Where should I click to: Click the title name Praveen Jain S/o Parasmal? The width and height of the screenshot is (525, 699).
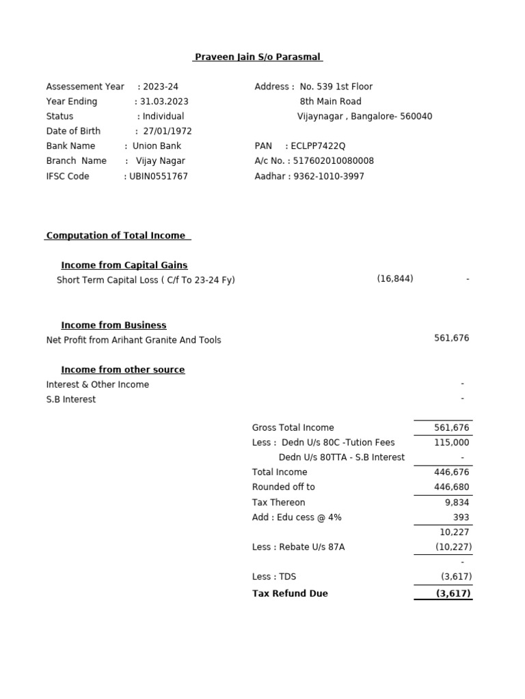[x=257, y=57]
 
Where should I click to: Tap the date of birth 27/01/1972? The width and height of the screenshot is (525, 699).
[x=167, y=131]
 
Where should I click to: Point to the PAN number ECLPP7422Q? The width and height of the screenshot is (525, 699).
[x=318, y=146]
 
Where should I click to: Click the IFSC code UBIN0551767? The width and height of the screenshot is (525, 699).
[x=159, y=176]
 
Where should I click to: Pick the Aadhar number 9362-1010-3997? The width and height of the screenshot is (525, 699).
[x=329, y=176]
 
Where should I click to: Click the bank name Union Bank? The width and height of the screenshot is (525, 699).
[x=157, y=146]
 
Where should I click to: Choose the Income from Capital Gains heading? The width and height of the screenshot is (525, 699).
[x=124, y=265]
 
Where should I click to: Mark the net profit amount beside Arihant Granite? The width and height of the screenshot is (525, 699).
[x=451, y=338]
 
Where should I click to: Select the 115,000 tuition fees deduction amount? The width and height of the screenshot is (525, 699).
[x=451, y=442]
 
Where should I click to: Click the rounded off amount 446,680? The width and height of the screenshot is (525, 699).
[x=451, y=487]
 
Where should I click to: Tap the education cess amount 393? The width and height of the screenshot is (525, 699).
[x=461, y=517]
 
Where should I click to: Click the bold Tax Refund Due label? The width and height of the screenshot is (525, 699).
[x=290, y=593]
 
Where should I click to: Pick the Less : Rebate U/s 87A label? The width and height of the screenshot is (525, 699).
[x=298, y=547]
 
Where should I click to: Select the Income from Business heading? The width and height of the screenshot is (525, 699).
[x=113, y=325]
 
